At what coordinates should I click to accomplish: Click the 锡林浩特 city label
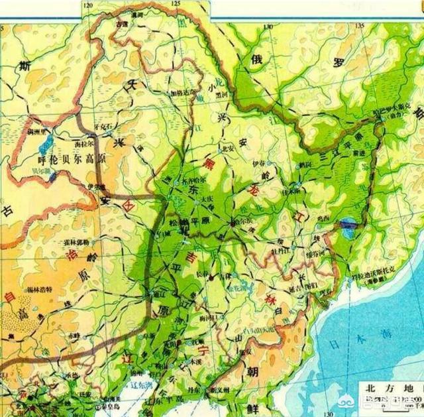point(44,290)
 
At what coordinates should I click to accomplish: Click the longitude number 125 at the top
point(176,4)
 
